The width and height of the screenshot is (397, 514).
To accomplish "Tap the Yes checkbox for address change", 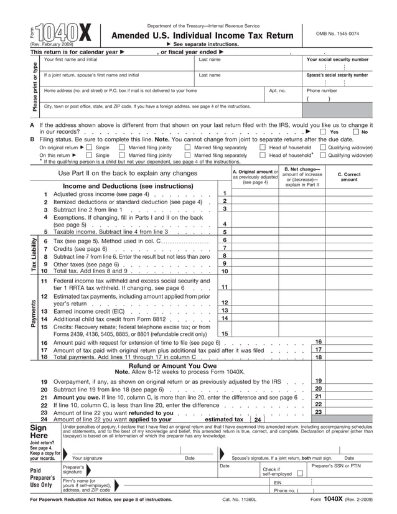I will coord(323,132).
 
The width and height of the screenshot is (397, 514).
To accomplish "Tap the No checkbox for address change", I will coord(355,132).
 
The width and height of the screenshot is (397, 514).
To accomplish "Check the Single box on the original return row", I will coord(88,147).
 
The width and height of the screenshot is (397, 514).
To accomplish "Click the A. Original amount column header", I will coord(255,177).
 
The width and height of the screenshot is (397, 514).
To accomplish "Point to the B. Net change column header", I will coord(302,177).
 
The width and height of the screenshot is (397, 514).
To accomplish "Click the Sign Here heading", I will coord(42,432).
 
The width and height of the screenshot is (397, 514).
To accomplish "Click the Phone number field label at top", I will coord(322,91).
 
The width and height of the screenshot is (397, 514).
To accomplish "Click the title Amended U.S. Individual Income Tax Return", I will coord(201,36).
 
